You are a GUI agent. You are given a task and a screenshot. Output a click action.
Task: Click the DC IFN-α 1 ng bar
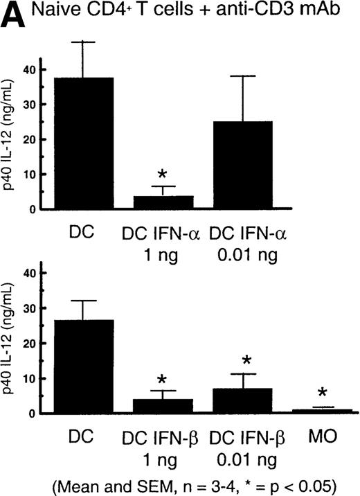point(163,202)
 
